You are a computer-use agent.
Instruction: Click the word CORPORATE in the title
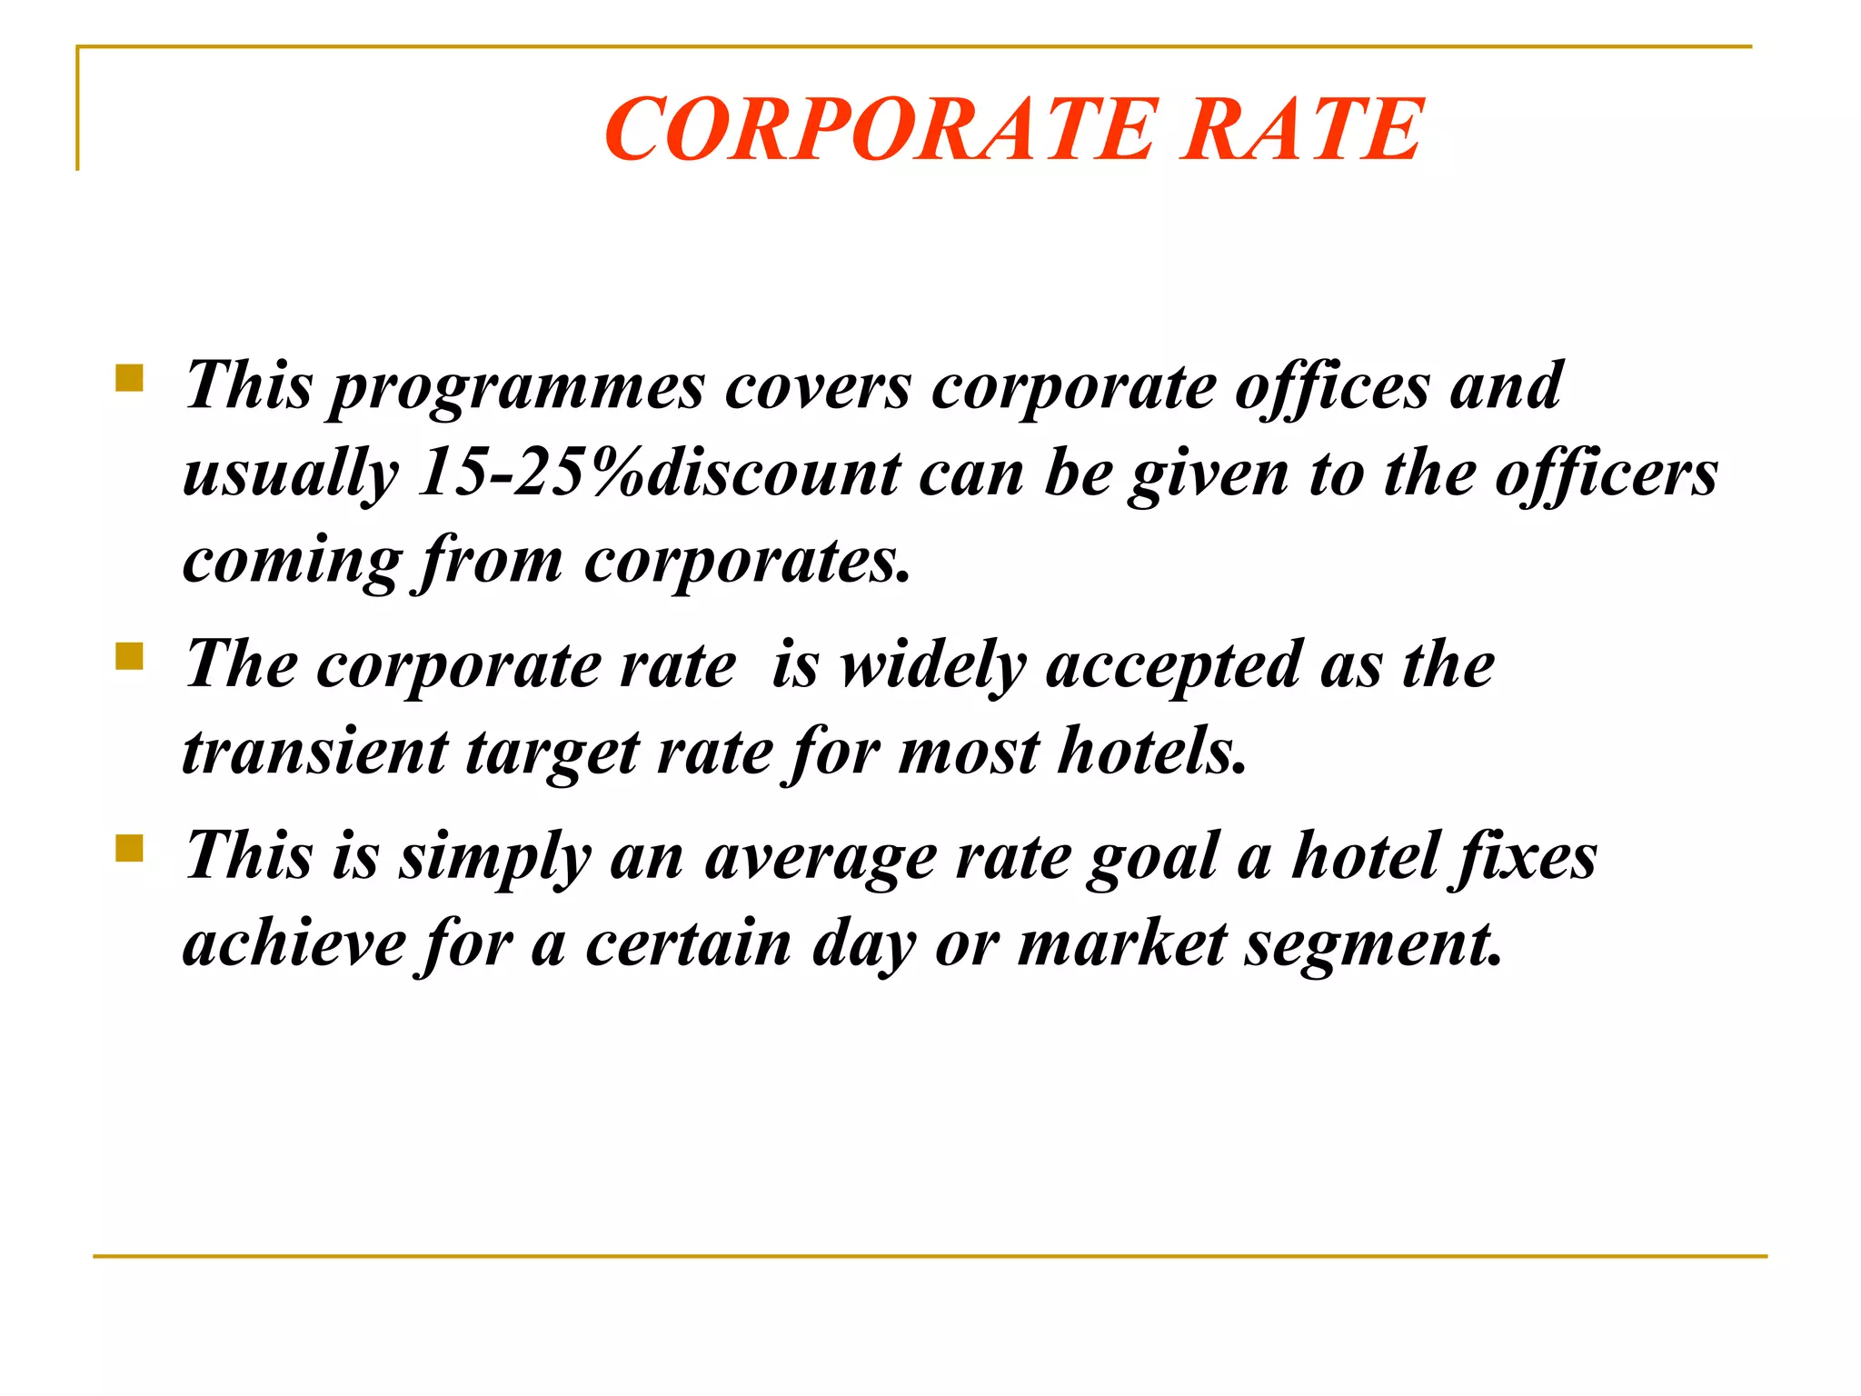[880, 131]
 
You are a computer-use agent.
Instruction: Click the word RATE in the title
[1301, 131]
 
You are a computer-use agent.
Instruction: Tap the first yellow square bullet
[130, 377]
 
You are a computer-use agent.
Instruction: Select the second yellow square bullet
[130, 655]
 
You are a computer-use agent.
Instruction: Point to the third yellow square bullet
[130, 848]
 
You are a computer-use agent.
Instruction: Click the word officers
[1606, 474]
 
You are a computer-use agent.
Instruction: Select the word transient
[315, 753]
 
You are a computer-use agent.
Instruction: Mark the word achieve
[294, 945]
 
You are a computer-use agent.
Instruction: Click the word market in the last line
[1121, 945]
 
